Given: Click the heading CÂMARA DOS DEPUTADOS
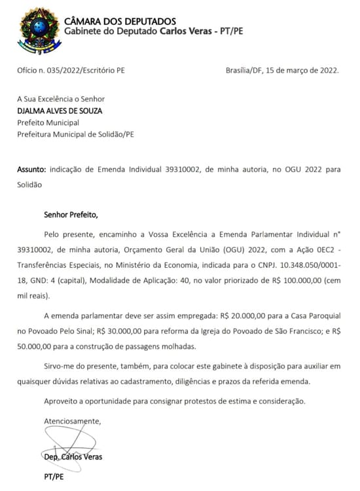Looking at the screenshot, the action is click(x=120, y=22).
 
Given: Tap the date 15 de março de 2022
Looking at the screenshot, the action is click(x=304, y=70).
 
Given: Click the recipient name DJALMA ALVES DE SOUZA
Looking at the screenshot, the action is click(x=60, y=111).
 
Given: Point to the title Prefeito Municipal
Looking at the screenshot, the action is click(x=48, y=122).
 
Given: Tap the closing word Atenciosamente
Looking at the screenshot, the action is click(x=72, y=420).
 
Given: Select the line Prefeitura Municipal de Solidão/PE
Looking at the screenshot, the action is click(x=75, y=135).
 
